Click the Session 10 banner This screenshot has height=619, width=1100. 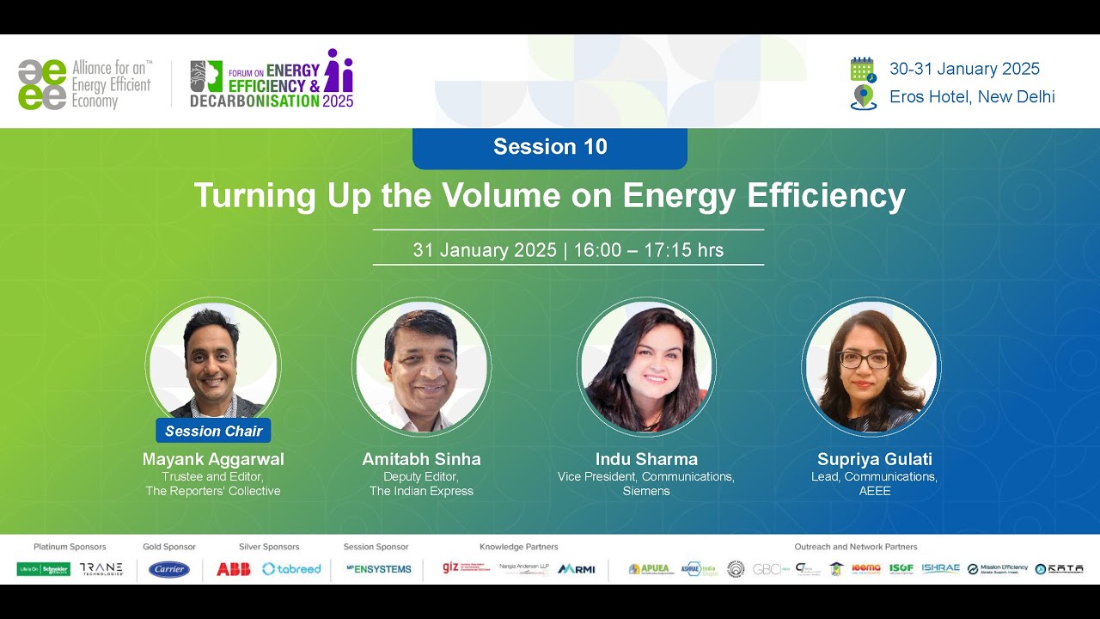(550, 147)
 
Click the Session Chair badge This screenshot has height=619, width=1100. (213, 431)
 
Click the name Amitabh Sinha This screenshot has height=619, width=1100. (421, 459)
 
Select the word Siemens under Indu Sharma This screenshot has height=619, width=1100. (646, 491)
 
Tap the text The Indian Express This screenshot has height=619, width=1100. (421, 491)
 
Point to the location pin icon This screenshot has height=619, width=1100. (863, 97)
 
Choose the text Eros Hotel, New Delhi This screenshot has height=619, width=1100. (972, 96)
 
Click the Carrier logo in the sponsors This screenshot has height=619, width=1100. (169, 569)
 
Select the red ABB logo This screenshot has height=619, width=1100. (233, 569)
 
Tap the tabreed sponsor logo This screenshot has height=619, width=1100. (291, 569)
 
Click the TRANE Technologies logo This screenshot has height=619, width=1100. (101, 569)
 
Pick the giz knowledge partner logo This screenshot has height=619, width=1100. (451, 567)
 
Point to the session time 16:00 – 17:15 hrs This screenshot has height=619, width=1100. (648, 250)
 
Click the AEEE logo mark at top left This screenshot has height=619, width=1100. (42, 84)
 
